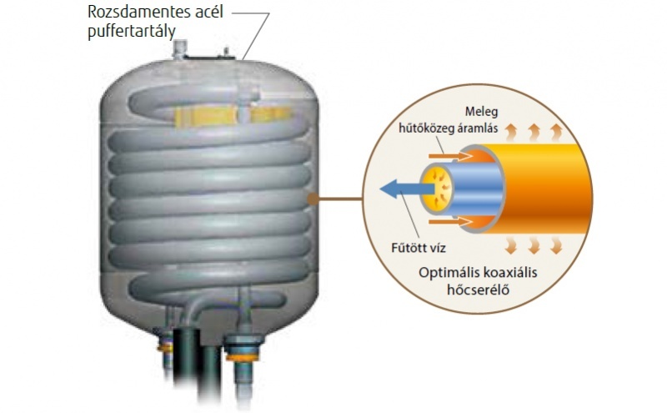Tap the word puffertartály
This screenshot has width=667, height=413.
point(132,32)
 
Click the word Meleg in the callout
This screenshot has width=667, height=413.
point(481,112)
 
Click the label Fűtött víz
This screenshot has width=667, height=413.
point(419,247)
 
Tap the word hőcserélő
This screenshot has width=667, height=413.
point(478,290)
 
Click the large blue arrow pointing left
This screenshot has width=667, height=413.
point(407,189)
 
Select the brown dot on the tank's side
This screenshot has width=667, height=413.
point(313,199)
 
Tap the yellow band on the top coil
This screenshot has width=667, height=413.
point(232,115)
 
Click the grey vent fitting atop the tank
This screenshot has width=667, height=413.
point(180,48)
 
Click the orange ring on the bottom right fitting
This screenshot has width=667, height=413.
point(242,356)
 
